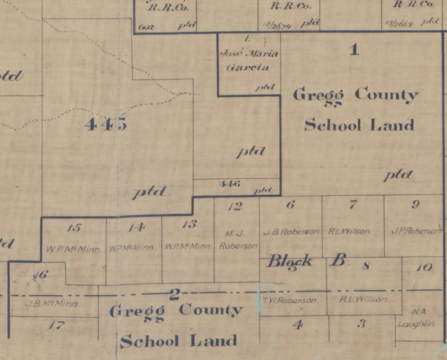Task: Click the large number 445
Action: point(105,124)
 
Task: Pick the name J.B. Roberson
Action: point(290,232)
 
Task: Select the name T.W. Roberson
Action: point(290,300)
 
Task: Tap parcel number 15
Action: point(74,228)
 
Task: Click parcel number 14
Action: point(136,227)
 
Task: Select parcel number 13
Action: point(189,224)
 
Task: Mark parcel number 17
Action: point(57,325)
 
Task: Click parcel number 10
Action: point(423,267)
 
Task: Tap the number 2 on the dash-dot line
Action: point(175,293)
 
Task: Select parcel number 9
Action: point(415,204)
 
